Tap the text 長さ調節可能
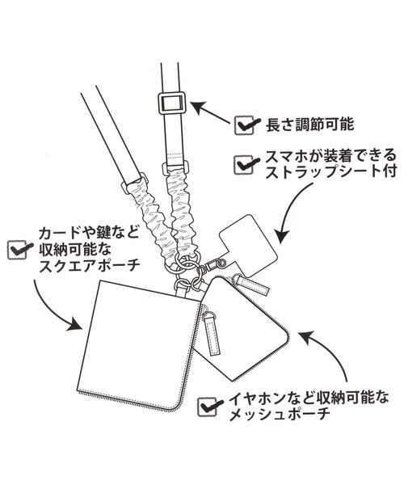point(309,125)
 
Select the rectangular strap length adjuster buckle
point(171,103)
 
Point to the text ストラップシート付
point(330,172)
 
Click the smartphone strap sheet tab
point(248,243)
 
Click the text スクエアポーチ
point(90,266)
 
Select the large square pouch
point(140,345)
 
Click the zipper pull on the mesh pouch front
point(213,333)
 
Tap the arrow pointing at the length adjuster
point(212,112)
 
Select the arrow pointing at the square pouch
point(52,306)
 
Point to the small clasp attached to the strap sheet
point(214,265)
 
